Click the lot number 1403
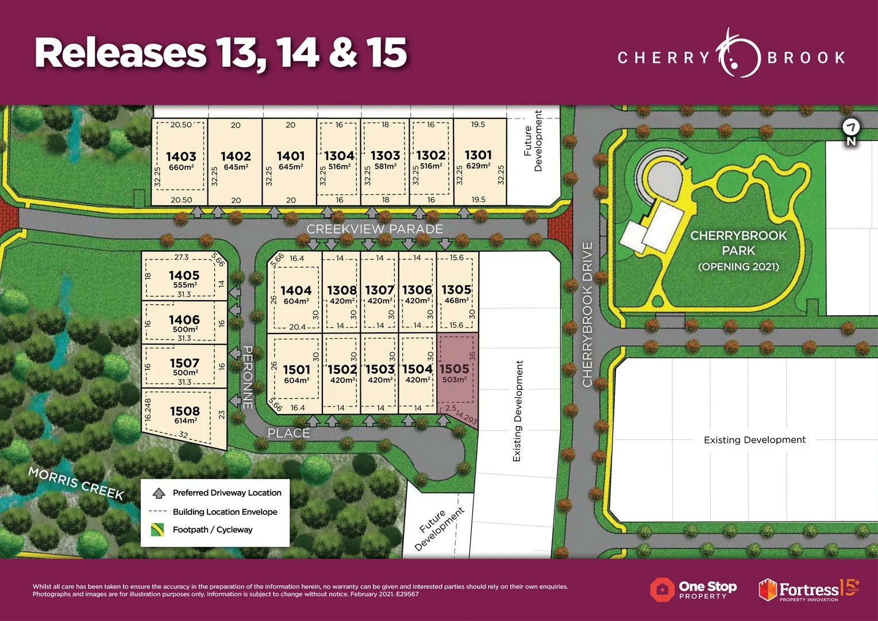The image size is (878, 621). [181, 156]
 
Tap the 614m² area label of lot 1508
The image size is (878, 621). [184, 421]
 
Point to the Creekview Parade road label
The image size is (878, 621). [375, 229]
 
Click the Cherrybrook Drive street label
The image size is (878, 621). [587, 314]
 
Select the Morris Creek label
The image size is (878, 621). [76, 483]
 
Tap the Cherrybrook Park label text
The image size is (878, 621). [738, 243]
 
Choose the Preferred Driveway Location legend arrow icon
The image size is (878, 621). [159, 493]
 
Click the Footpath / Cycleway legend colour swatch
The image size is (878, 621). [157, 530]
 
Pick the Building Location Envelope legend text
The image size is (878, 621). [225, 512]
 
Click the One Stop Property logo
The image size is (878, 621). [694, 589]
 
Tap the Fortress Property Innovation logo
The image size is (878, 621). [808, 589]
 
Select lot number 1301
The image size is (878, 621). [478, 155]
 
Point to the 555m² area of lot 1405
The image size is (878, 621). [184, 285]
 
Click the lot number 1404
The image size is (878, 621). [296, 291]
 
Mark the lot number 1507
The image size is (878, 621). [184, 363]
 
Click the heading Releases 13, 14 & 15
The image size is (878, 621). [221, 53]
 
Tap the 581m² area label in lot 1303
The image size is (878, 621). [385, 167]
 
